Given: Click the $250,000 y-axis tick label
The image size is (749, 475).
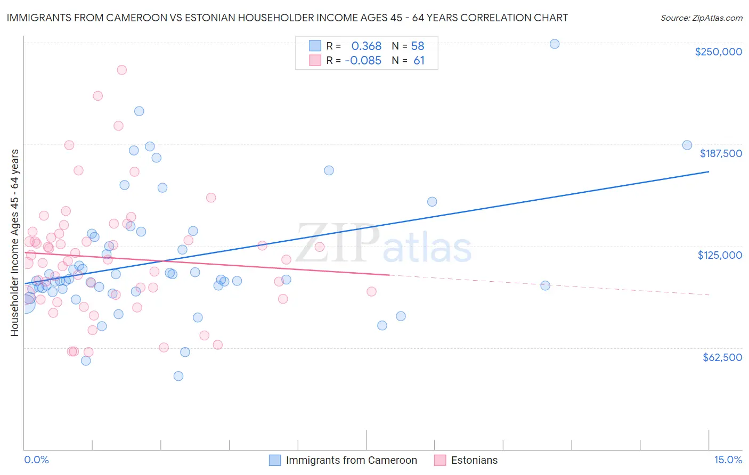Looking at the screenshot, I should [718, 52].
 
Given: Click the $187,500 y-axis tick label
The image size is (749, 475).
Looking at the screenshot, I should [720, 153].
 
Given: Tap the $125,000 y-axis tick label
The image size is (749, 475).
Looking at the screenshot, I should [720, 255].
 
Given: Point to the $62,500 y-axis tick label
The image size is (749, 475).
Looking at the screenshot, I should [722, 357].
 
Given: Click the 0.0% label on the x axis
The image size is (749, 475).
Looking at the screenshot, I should [36, 460].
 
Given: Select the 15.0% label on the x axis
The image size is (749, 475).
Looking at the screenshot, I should [728, 460].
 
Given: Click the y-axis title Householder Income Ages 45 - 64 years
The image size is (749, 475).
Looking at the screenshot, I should [15, 242].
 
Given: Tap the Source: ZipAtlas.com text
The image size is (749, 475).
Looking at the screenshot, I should [701, 18].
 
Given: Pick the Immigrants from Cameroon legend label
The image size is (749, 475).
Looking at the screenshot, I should [351, 460].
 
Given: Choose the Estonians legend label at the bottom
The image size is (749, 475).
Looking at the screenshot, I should [474, 460].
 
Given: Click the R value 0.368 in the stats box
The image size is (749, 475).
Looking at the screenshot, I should [366, 46].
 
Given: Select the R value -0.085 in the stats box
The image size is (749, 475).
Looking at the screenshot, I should [363, 61].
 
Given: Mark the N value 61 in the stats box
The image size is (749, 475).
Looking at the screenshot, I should [419, 61].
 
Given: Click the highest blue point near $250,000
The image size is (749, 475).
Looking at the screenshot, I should [555, 44].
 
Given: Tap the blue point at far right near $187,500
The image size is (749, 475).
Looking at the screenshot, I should [687, 145].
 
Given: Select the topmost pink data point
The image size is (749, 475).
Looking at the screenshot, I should [121, 70].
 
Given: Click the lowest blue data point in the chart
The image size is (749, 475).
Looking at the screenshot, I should [178, 376].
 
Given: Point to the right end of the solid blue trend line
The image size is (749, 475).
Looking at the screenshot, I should [709, 171].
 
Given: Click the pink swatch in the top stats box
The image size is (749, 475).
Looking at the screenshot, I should [315, 61].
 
